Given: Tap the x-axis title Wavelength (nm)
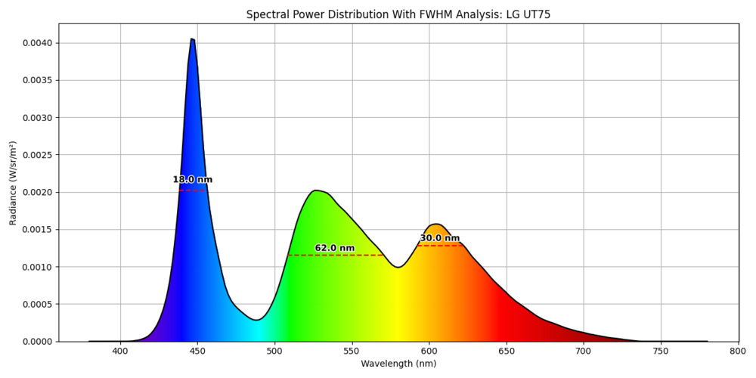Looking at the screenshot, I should click(398, 364).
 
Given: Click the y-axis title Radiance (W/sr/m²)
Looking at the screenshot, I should click(13, 182).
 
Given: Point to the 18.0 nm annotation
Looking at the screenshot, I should click(192, 180).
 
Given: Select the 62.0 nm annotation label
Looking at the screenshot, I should click(334, 248).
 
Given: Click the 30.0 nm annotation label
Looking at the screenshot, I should click(439, 238).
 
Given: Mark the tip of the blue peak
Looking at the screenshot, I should click(192, 39).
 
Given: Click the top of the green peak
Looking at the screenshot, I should click(317, 191).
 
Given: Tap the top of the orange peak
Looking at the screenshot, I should click(435, 224).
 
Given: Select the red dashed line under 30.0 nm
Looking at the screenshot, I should click(439, 246).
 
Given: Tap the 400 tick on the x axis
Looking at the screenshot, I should click(120, 352).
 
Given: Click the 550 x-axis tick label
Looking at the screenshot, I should click(352, 352).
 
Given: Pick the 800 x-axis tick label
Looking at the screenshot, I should click(739, 352).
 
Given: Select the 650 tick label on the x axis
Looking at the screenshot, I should click(507, 352).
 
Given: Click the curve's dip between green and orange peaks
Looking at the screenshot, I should click(398, 267).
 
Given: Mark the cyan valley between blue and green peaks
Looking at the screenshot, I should click(256, 321).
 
